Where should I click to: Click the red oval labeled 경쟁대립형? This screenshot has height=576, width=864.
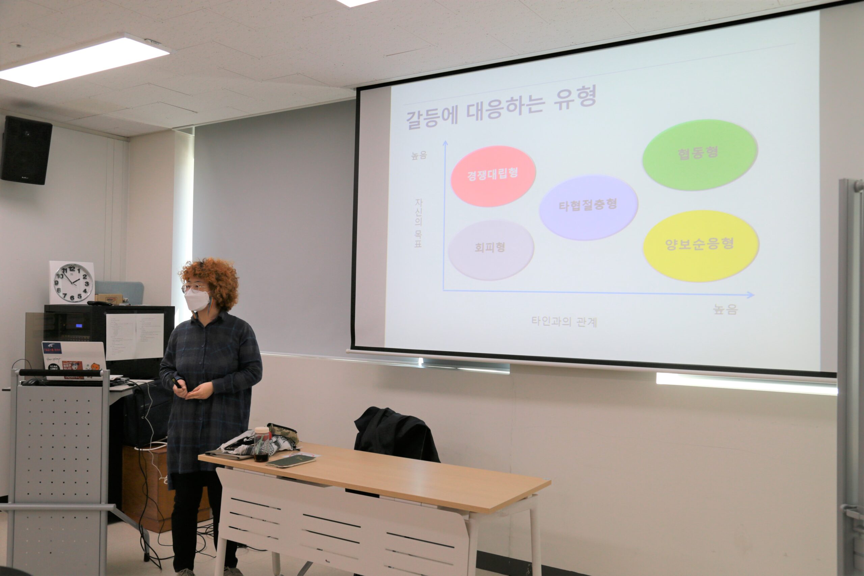pos(493,176)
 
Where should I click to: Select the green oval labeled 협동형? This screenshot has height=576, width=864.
pos(699,154)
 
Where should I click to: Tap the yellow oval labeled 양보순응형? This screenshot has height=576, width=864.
pos(701,245)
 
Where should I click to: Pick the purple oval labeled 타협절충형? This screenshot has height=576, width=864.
pos(588,207)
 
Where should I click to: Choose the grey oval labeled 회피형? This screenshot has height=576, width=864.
pos(490,249)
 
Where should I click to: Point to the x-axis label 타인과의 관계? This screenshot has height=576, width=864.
pos(564,322)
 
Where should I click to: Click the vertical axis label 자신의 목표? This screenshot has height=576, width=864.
pos(418,223)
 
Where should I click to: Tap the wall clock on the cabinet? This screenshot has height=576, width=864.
pos(73,282)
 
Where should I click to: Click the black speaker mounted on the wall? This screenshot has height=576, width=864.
pos(26,150)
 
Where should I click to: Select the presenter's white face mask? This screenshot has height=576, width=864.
pos(197,299)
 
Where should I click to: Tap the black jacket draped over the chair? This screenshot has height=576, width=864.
pos(395,435)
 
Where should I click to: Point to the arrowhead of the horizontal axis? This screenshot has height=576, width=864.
pos(751,295)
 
